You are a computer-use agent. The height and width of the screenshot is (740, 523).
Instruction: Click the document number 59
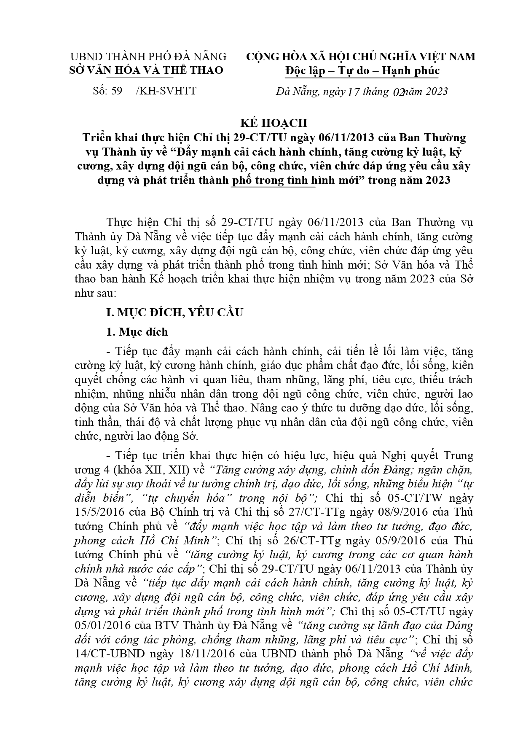[x=116, y=91]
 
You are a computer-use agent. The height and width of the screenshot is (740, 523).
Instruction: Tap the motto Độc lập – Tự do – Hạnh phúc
[x=362, y=70]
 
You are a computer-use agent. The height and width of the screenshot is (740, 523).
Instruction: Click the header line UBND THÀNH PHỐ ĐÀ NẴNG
[x=148, y=57]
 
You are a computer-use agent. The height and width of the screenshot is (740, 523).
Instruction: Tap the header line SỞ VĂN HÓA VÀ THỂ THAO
[x=146, y=70]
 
